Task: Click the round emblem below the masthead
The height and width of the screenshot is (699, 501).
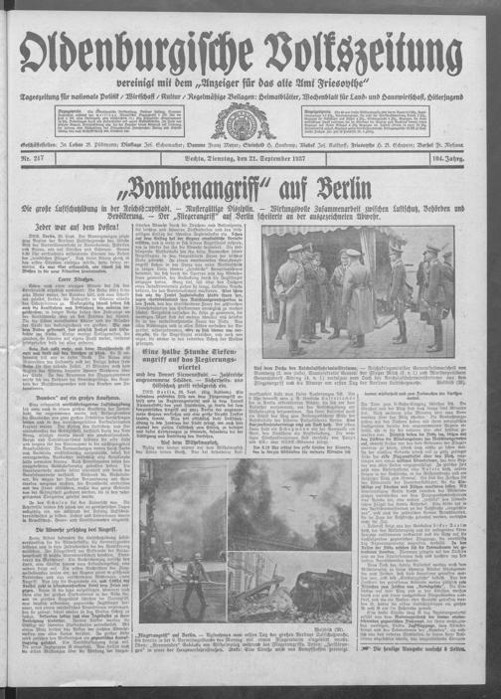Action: click(250, 120)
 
